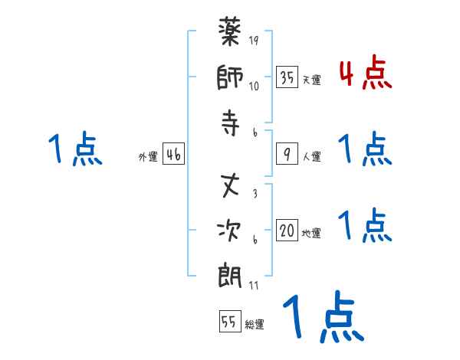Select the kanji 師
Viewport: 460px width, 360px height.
click(x=231, y=80)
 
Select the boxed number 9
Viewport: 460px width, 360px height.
click(x=287, y=154)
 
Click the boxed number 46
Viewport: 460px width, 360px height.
click(x=173, y=155)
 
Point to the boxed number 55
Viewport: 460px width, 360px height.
click(x=228, y=322)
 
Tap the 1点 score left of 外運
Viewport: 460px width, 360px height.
click(x=74, y=149)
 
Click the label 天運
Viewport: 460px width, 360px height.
click(x=311, y=80)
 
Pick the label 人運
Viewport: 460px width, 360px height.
click(x=311, y=157)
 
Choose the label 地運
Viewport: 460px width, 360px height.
click(x=311, y=234)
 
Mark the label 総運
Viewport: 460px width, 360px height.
click(x=254, y=325)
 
